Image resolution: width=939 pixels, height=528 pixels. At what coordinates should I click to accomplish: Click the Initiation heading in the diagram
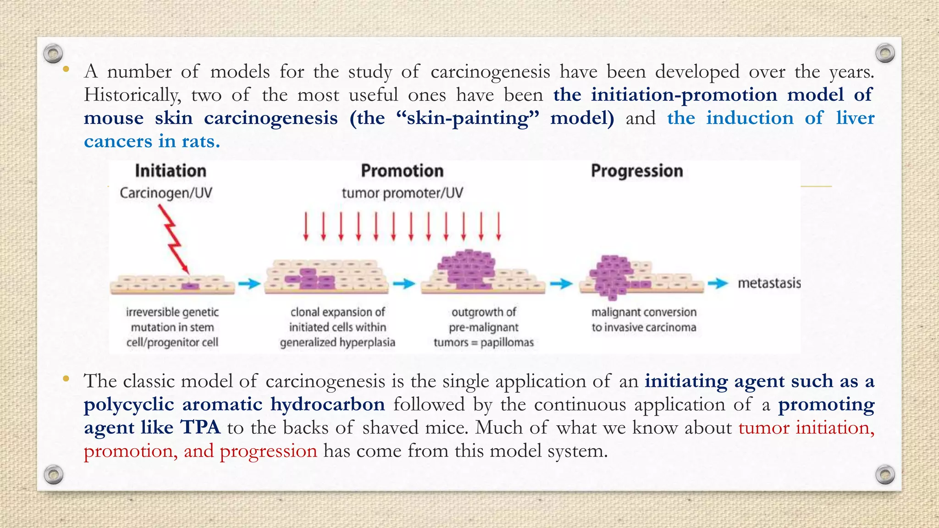(171, 171)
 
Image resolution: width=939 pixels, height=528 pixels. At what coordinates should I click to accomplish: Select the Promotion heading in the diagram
(402, 171)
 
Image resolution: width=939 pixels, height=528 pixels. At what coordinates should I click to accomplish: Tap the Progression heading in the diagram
(637, 171)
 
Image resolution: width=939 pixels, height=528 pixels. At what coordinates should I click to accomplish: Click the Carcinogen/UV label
(166, 193)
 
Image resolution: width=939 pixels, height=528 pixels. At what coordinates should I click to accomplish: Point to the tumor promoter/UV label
(402, 193)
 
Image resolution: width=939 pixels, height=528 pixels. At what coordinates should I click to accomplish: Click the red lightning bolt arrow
(173, 238)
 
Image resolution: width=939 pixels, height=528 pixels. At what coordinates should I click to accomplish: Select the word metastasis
(769, 283)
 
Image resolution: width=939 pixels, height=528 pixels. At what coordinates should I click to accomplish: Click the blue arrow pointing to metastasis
(718, 284)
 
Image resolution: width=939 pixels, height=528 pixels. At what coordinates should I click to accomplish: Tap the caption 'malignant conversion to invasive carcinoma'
(644, 319)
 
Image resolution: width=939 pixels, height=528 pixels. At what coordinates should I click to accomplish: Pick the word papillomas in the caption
(507, 342)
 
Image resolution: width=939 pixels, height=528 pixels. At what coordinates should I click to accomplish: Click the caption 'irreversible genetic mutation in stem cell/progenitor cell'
(172, 327)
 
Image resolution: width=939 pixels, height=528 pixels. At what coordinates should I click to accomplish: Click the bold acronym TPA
(200, 427)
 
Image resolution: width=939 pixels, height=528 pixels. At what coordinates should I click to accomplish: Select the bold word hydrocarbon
(327, 404)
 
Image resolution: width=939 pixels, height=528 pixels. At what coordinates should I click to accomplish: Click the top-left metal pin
(53, 54)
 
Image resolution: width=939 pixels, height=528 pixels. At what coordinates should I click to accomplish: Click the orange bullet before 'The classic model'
(66, 379)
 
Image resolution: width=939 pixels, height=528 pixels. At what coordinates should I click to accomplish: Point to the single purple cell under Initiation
(190, 286)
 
